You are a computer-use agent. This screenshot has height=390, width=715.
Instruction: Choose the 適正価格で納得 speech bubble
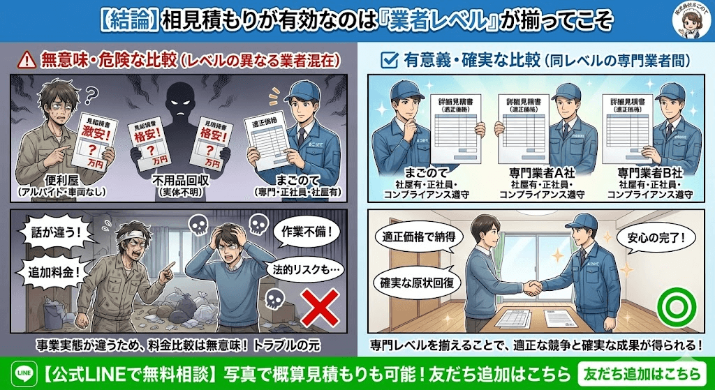[417, 239]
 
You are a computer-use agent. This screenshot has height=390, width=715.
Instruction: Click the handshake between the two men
[536, 287]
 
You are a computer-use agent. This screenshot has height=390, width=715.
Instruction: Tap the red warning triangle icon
[27, 59]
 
